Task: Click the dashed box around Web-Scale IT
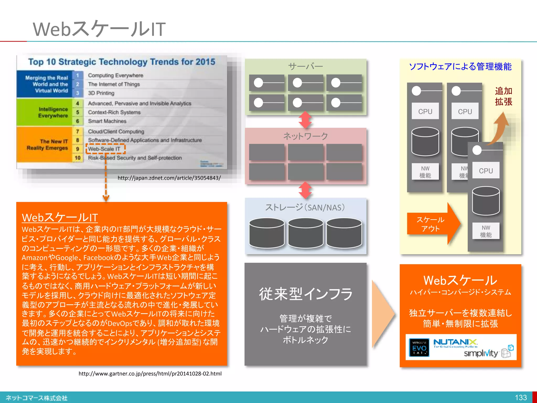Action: click(105, 149)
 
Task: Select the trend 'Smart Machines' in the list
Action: click(107, 121)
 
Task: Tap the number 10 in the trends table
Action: click(78, 158)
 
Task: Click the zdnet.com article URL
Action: click(169, 178)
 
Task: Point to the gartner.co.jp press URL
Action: click(150, 373)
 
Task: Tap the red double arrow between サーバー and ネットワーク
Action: click(305, 120)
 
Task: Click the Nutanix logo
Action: click(455, 342)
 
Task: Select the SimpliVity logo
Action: click(481, 353)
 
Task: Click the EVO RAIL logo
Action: click(419, 347)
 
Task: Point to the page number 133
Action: click(520, 397)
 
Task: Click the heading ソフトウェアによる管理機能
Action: click(460, 67)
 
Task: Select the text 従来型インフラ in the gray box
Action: click(306, 294)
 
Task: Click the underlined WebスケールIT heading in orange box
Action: click(60, 218)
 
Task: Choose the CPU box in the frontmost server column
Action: click(486, 171)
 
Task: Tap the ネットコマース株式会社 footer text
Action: click(37, 398)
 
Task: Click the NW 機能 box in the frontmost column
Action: click(486, 231)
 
